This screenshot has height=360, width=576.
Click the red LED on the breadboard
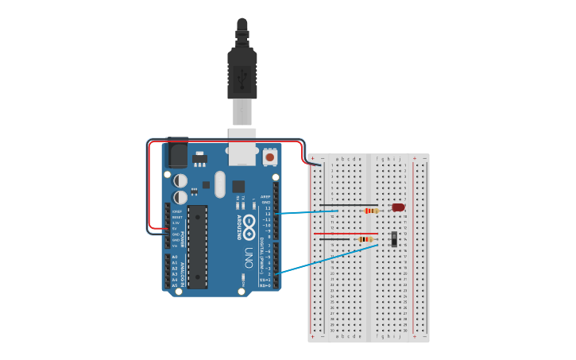click(x=398, y=208)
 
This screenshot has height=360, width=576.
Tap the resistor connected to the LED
click(x=370, y=211)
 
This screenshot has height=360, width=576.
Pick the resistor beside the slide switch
click(x=365, y=238)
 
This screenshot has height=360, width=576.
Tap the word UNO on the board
click(x=248, y=258)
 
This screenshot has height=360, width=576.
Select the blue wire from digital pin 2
click(x=318, y=262)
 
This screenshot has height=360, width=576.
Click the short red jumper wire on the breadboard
click(x=328, y=234)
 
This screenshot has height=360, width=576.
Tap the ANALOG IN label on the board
click(x=182, y=272)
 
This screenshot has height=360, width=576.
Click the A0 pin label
click(x=175, y=257)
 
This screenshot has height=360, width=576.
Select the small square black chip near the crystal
click(x=238, y=186)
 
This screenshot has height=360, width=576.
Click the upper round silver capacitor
click(x=181, y=180)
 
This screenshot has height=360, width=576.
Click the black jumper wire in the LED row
click(x=338, y=211)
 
